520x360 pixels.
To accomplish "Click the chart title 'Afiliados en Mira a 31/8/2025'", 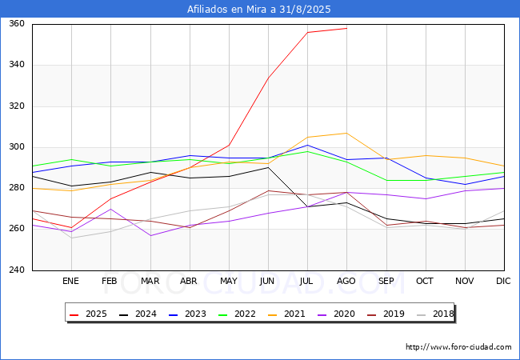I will tap(259, 10).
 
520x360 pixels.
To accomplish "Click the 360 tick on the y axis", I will tap(17, 24).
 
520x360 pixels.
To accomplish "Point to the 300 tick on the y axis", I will tap(17, 147).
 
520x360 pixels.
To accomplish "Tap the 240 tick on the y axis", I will tap(17, 270).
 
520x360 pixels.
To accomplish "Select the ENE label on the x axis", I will tap(70, 282).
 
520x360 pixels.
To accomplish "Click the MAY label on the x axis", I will tap(228, 282).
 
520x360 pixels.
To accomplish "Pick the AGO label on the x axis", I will tap(346, 282).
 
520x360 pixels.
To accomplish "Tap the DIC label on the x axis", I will tap(503, 282).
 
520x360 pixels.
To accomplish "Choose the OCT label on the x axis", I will tap(425, 282).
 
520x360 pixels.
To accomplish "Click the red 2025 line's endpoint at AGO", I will tap(346, 28).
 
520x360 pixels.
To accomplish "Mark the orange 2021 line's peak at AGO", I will tap(346, 133).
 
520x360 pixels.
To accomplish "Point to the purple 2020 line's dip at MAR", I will tap(150, 235).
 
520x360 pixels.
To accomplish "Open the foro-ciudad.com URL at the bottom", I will tap(458, 347).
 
